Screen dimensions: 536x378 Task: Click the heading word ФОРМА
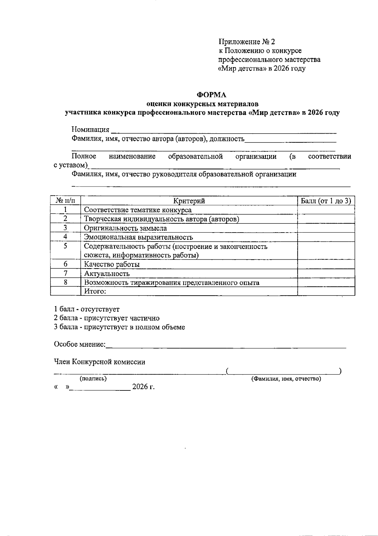click(211, 95)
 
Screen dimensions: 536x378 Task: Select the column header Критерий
click(189, 201)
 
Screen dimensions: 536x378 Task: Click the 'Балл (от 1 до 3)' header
click(326, 201)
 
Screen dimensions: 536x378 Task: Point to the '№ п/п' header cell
click(66, 201)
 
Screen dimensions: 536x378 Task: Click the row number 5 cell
click(66, 246)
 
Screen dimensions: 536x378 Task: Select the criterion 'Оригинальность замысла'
click(125, 228)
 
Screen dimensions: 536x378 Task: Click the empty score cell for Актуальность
click(326, 274)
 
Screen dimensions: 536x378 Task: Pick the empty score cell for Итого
click(326, 291)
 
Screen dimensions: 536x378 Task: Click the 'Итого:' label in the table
click(95, 291)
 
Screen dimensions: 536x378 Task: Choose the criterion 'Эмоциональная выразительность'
click(138, 237)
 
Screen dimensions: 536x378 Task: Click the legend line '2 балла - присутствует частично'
click(107, 318)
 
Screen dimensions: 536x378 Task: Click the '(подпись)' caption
click(93, 379)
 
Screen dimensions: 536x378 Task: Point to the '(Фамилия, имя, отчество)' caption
click(286, 379)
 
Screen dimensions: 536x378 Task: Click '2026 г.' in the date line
click(143, 387)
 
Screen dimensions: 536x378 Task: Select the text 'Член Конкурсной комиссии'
click(100, 362)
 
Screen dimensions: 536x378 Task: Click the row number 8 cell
click(66, 282)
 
